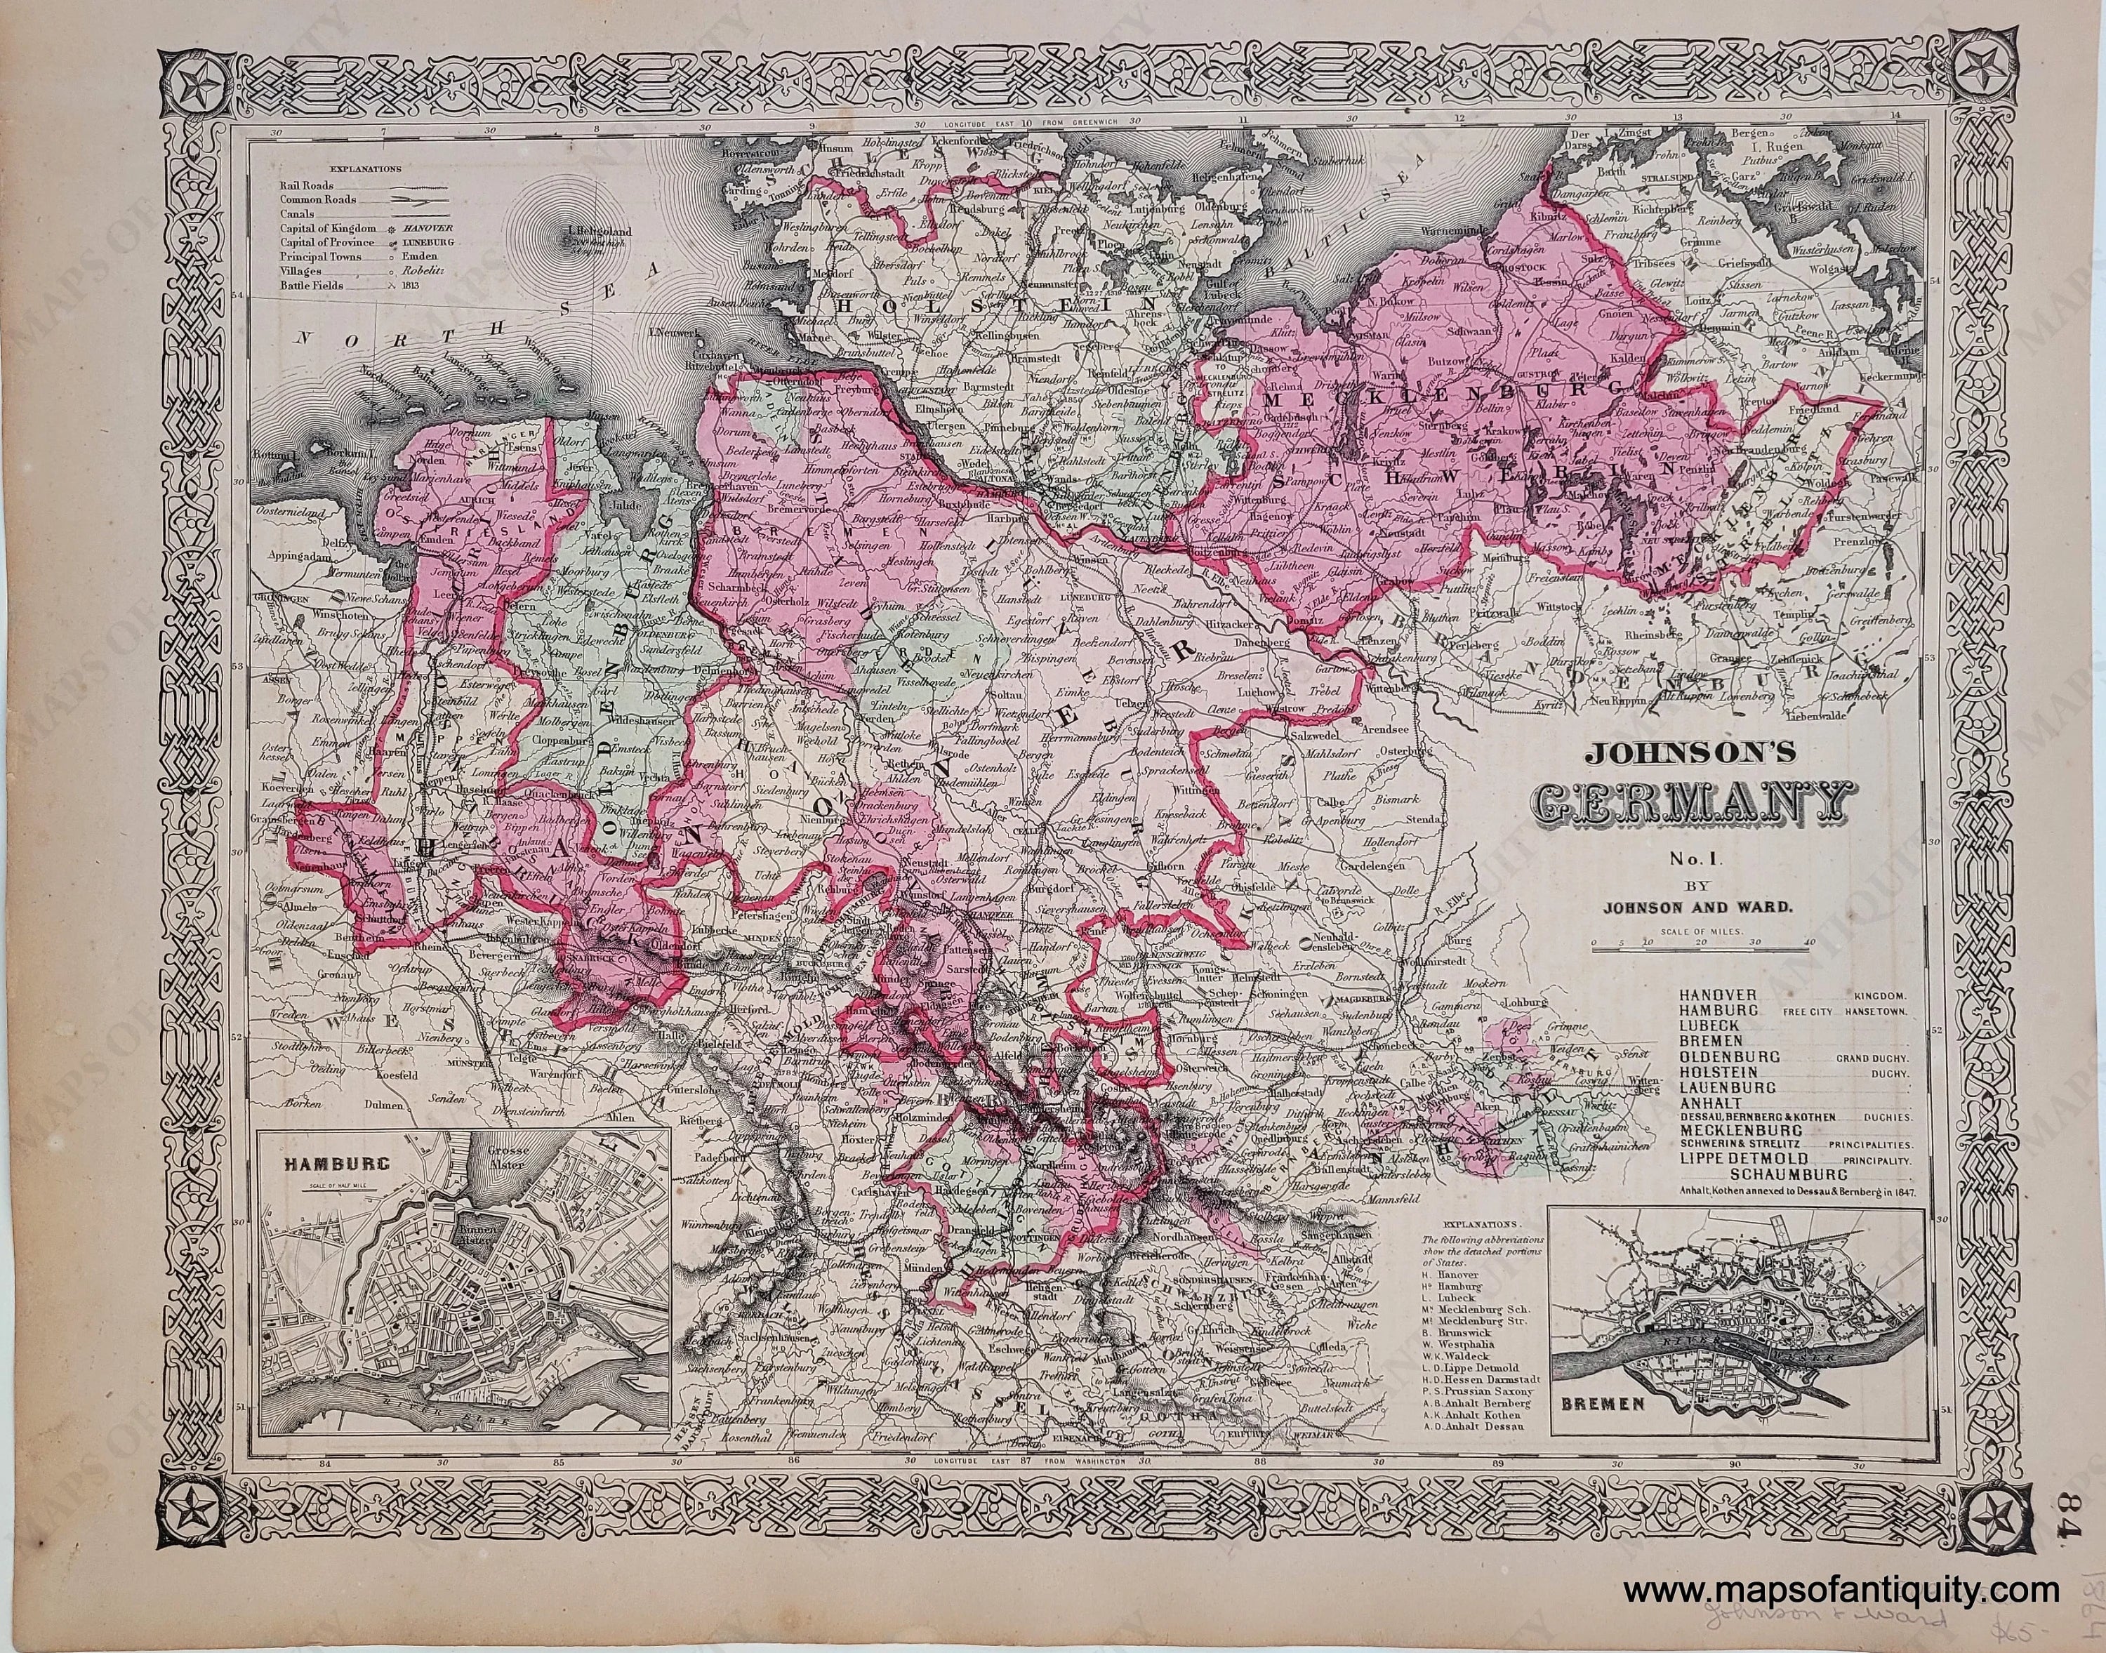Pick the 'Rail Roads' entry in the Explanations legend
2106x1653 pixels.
(x=304, y=185)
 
